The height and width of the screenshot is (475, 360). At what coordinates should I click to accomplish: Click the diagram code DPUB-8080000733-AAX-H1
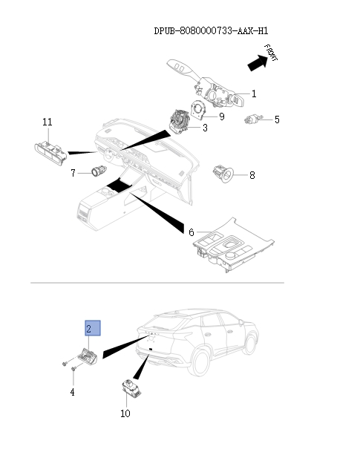point(211,31)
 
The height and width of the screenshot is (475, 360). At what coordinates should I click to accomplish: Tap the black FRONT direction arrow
point(258,62)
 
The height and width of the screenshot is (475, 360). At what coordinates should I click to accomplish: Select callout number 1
point(254,94)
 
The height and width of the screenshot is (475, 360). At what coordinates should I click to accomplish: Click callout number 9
point(222,117)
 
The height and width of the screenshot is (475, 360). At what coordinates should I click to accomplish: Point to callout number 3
point(205,128)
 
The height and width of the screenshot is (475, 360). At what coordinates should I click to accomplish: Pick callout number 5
point(277,119)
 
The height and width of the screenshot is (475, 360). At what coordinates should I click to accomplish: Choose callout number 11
point(48,122)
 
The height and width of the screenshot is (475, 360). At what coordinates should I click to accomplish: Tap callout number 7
point(73,173)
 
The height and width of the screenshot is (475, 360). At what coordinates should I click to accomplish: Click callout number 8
point(252,175)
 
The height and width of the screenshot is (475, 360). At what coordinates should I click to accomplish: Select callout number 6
point(192,232)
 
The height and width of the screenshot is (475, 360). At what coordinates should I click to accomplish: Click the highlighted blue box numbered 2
point(93,328)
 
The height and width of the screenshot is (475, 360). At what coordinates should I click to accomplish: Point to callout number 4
point(72,393)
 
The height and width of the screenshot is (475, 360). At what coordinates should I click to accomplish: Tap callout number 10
point(125,413)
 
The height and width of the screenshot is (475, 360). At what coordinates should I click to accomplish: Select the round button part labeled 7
point(99,171)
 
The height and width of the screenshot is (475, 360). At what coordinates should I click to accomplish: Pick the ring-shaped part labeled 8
point(223,174)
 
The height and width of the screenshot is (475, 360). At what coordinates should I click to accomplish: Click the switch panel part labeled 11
point(50,153)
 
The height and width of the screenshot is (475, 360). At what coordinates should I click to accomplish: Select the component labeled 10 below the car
point(131,388)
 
